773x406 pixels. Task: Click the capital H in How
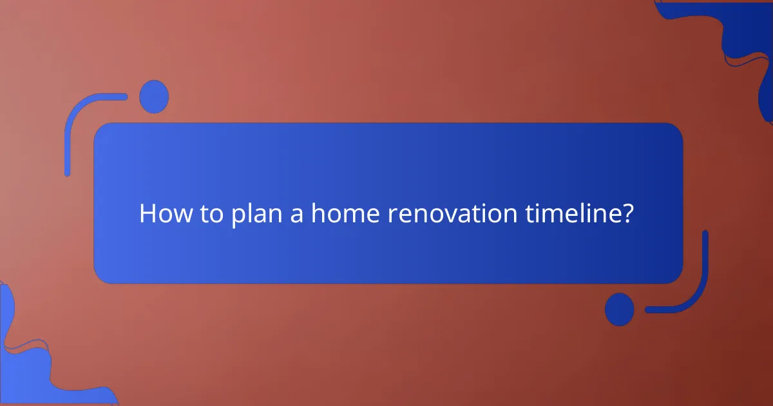click(148, 213)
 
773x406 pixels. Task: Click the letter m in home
click(350, 215)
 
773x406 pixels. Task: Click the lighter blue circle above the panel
click(154, 97)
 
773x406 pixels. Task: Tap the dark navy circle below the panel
click(619, 309)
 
